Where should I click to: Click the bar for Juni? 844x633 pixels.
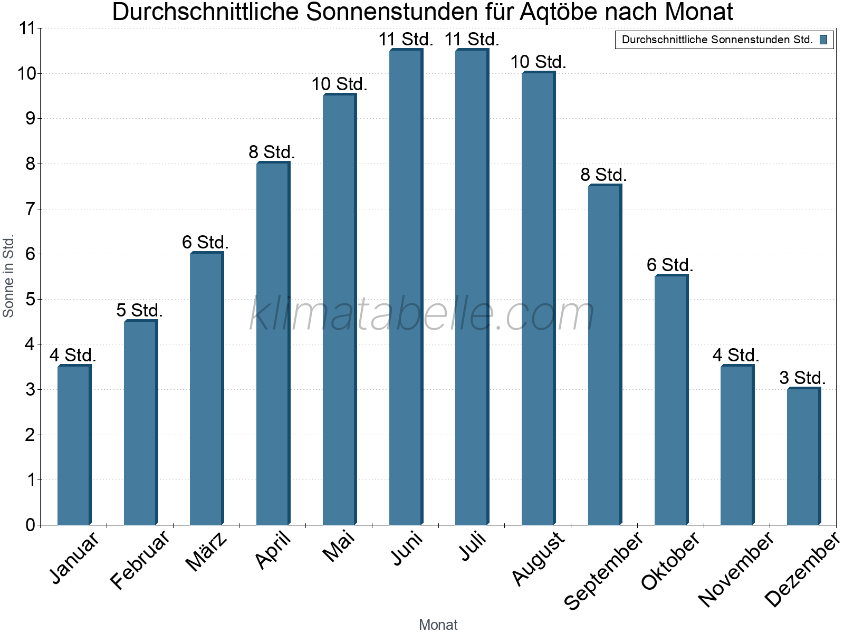point(406,287)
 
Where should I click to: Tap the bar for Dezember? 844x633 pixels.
point(803,456)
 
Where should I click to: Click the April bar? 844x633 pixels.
point(273,343)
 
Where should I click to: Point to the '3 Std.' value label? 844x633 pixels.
point(802,378)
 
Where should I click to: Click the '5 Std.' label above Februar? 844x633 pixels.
point(139,310)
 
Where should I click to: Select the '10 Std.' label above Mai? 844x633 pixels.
point(339,84)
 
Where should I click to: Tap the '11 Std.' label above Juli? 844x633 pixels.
point(472,39)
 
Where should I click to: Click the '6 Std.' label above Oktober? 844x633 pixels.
point(670,265)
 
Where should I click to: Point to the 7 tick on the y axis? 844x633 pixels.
point(30,209)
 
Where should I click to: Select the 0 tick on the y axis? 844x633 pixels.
point(30,525)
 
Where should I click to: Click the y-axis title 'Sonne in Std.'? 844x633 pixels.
point(8,276)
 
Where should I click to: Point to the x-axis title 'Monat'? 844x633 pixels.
point(438,625)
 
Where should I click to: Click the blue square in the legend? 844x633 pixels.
point(823,40)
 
